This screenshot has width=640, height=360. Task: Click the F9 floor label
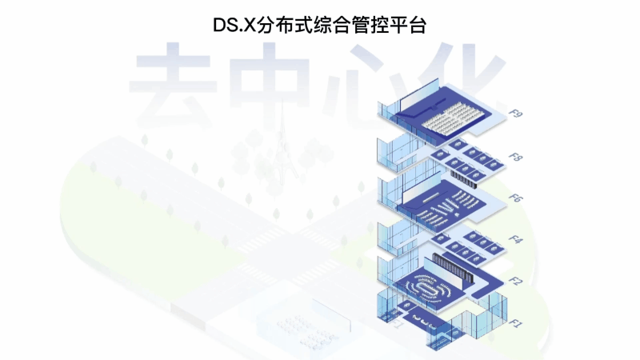tap(518, 114)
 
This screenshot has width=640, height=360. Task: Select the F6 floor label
tap(518, 198)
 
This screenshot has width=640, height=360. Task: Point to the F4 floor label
tap(517, 239)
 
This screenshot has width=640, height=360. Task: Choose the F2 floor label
tap(517, 281)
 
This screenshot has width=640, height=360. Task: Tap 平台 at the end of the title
tap(411, 25)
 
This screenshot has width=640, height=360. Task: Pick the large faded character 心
tap(364, 80)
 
